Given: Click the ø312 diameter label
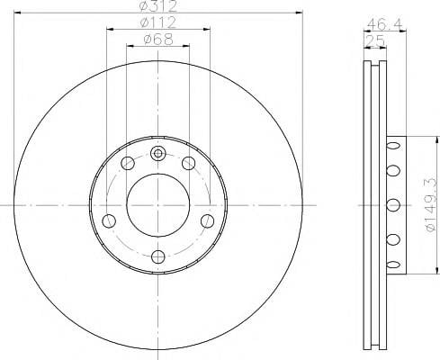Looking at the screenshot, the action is coord(158,6).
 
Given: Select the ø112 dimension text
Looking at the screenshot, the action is coord(158,22).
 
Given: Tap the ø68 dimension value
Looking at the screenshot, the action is coord(158,40).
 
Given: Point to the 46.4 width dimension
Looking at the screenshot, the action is coord(384,24).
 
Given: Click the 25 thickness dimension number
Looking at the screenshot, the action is coord(374,40).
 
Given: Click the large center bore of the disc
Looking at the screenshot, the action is coord(158,205).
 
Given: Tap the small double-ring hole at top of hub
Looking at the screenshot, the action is coord(157,154).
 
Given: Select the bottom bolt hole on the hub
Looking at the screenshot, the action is coord(158,256).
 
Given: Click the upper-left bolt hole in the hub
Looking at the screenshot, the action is coord(128,163).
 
